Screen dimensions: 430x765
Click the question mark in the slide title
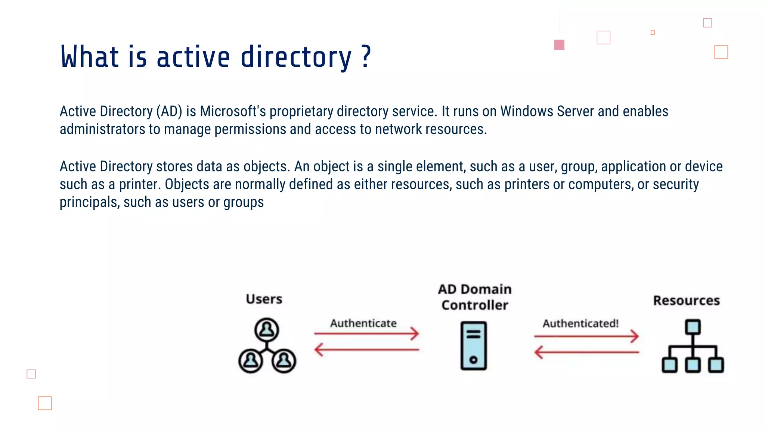366,57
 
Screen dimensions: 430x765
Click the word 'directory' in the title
296,58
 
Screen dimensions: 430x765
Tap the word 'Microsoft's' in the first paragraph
233,111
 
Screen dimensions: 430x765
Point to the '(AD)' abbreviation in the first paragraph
169,111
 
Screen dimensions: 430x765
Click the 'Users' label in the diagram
264,299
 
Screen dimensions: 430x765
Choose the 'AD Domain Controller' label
475,297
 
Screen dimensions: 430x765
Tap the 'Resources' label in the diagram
686,300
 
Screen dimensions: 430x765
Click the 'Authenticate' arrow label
363,323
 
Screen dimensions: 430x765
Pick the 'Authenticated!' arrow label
580,323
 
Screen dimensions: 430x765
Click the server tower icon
473,346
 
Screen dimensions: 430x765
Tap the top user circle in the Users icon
266,330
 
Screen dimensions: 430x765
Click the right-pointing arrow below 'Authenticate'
366,333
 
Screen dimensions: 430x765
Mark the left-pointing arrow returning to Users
366,350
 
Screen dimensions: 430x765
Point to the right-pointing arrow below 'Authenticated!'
586,336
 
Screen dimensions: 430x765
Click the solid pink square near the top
559,45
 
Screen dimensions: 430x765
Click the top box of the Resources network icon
693,327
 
